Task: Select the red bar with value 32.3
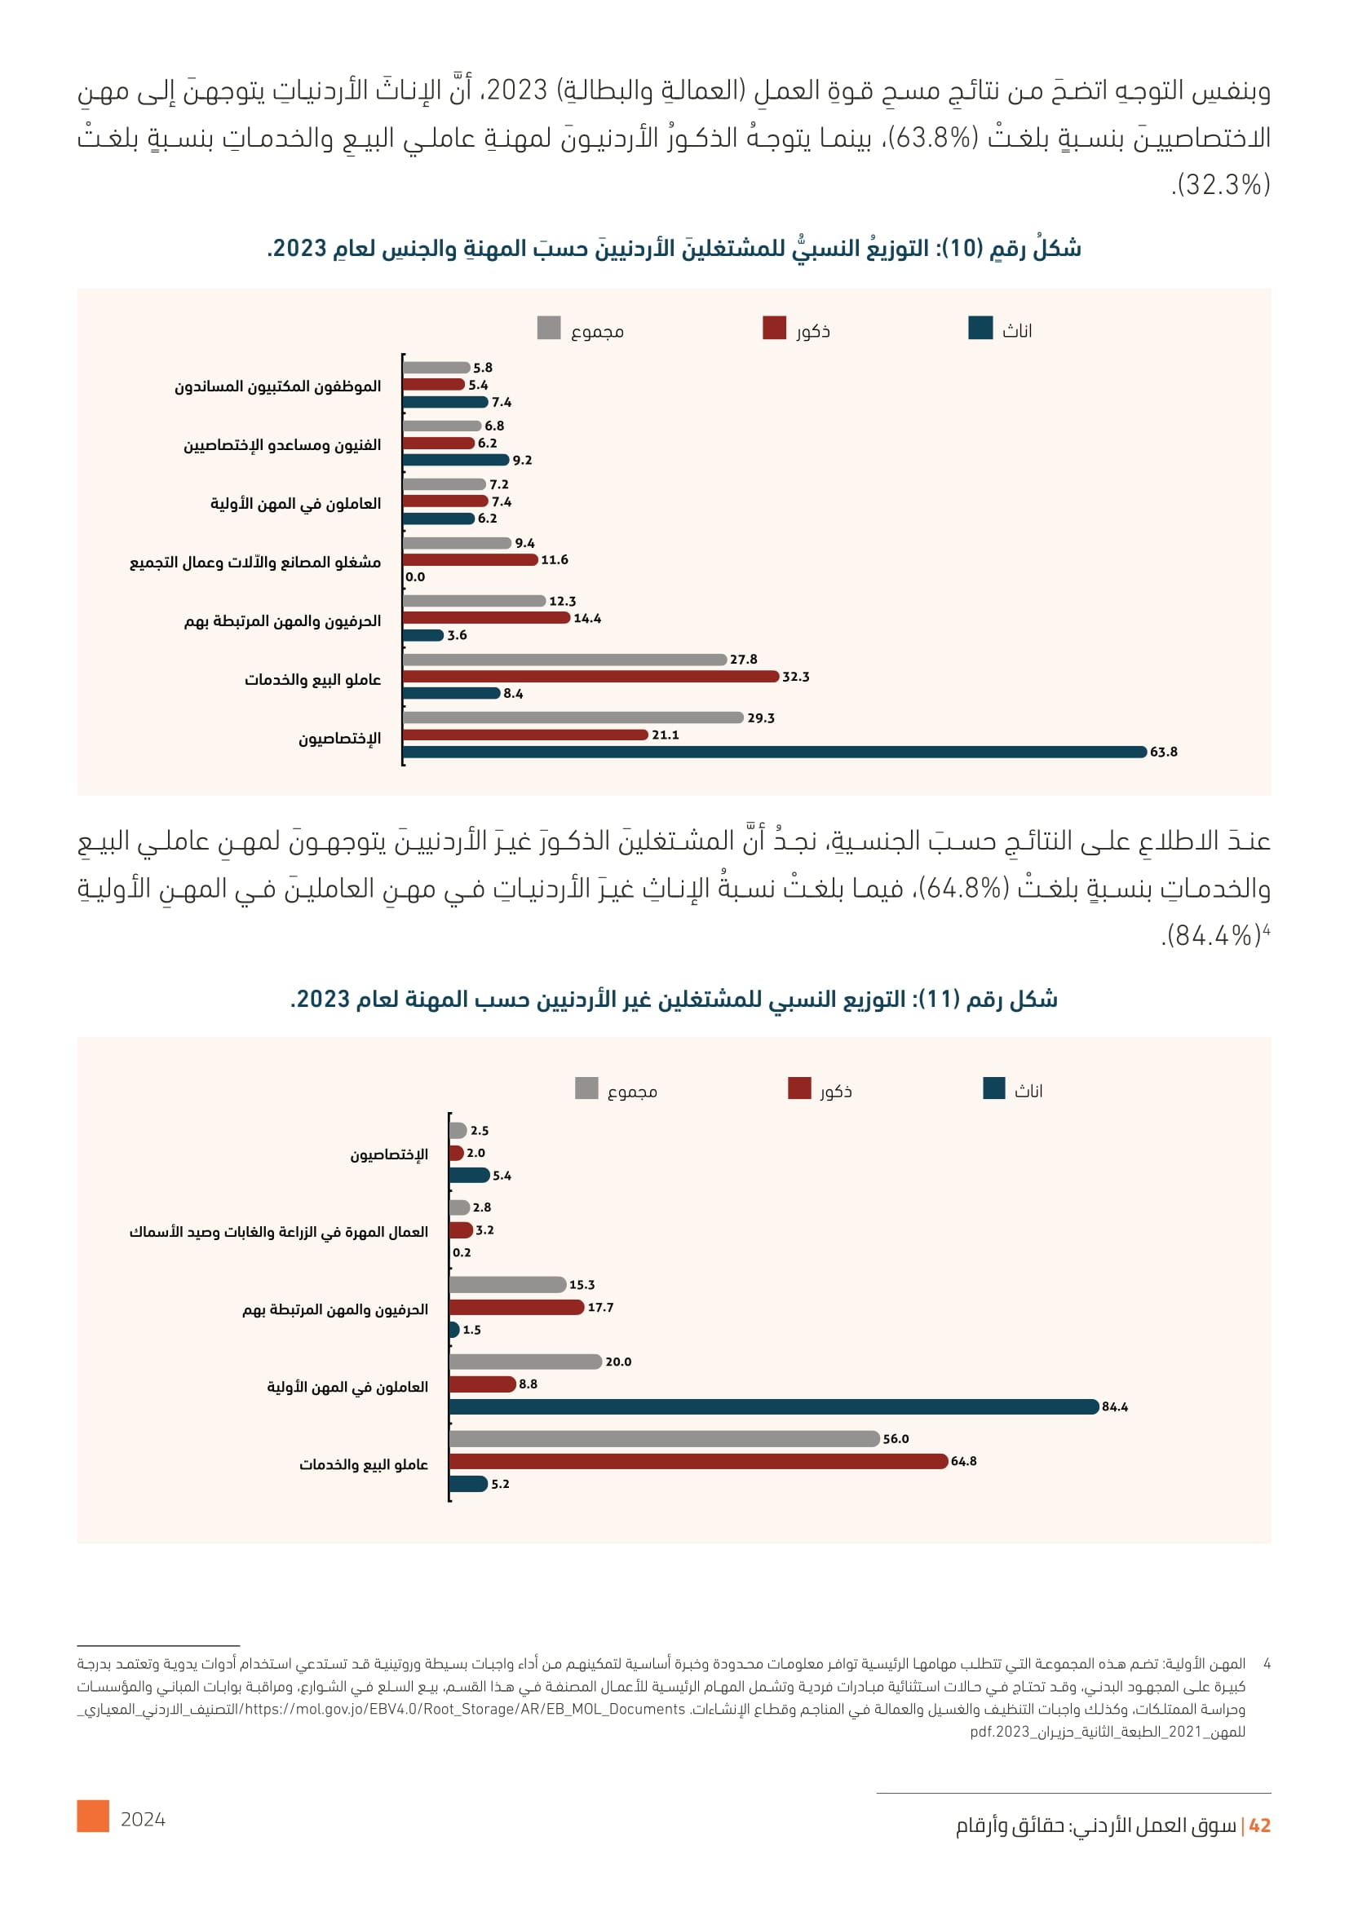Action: point(590,676)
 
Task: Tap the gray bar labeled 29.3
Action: point(573,717)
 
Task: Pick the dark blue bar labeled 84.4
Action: point(772,1406)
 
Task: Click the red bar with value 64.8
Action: point(698,1461)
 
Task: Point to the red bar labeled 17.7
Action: point(515,1307)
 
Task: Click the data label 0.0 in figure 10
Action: point(415,577)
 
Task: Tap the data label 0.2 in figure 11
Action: point(462,1252)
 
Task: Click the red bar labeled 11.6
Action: point(470,560)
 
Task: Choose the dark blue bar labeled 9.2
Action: point(455,459)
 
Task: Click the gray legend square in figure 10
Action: point(549,328)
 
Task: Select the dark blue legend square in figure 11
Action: point(993,1088)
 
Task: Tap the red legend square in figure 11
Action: point(799,1088)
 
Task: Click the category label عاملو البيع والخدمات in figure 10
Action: point(312,679)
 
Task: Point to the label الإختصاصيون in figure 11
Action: point(389,1154)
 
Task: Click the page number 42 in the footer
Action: point(1259,1825)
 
